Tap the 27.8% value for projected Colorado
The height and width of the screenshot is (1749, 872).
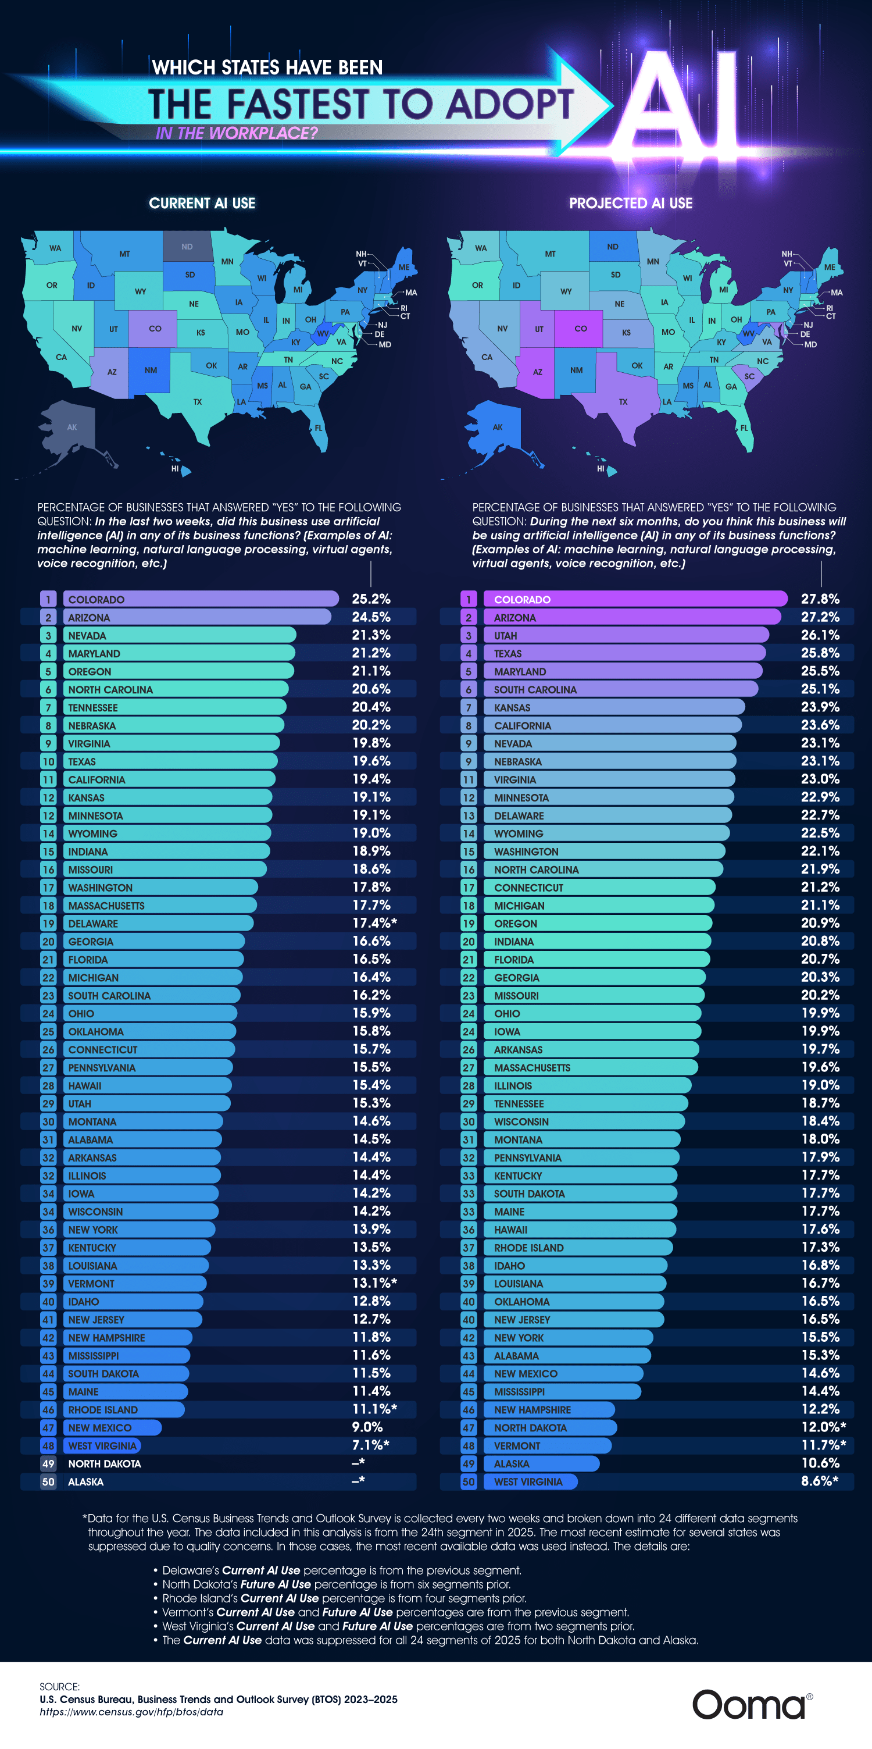click(820, 599)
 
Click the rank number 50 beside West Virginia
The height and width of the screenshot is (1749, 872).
click(468, 1481)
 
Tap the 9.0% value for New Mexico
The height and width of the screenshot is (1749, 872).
click(367, 1427)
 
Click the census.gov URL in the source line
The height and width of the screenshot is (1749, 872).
click(131, 1712)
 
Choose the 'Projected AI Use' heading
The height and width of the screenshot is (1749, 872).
click(630, 203)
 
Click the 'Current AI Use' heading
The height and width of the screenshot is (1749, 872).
click(202, 203)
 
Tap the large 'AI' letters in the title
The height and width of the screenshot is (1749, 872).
click(678, 105)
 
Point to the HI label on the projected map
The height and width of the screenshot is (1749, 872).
click(601, 468)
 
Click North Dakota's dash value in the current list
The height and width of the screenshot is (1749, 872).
click(358, 1463)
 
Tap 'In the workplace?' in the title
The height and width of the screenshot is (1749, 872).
click(236, 133)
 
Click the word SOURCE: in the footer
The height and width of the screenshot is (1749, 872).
click(60, 1687)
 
